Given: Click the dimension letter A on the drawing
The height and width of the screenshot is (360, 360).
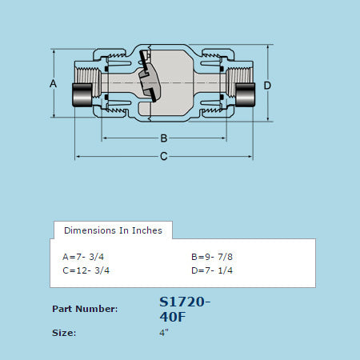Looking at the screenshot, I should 53,83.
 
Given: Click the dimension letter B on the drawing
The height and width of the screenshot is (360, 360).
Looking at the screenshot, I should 163,138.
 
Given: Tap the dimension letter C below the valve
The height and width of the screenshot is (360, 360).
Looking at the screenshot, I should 163,156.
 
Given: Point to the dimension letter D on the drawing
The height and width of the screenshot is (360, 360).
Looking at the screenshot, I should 267,85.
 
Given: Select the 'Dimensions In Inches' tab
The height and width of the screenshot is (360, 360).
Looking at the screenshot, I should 113,230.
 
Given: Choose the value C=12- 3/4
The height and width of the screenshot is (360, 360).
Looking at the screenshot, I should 86,270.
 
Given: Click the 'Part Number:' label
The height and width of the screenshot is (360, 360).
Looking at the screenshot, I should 85,309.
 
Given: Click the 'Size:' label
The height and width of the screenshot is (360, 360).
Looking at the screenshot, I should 64,332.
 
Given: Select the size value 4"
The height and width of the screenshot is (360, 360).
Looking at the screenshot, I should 164,332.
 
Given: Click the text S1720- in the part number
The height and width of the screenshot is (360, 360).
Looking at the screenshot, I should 186,302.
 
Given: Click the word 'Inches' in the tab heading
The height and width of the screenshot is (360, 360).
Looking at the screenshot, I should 147,230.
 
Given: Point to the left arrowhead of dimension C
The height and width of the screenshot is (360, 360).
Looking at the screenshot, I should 78,156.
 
